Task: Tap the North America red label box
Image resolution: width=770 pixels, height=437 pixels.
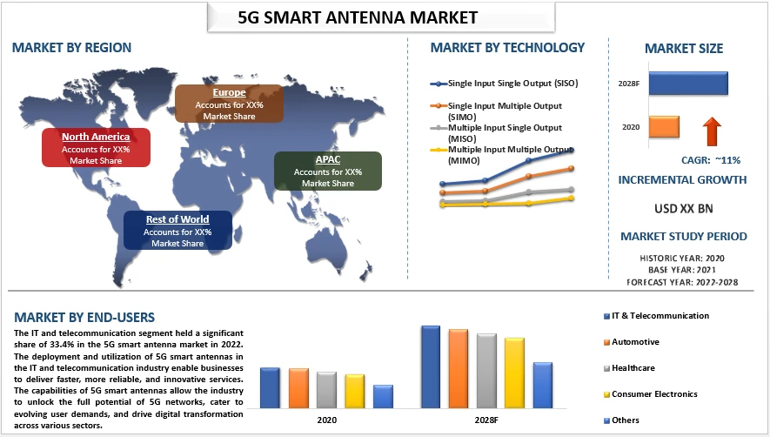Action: (x=96, y=148)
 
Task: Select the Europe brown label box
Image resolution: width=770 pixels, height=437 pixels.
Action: (x=229, y=104)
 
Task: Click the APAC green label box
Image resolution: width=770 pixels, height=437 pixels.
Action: (x=328, y=171)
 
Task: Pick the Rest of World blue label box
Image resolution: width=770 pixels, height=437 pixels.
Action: (x=177, y=231)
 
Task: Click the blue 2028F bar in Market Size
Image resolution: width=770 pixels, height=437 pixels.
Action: (x=687, y=84)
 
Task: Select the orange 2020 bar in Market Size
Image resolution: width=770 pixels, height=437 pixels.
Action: (x=664, y=127)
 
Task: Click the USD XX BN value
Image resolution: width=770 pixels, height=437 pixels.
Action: (x=682, y=209)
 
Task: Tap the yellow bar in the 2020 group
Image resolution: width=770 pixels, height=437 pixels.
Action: (x=354, y=391)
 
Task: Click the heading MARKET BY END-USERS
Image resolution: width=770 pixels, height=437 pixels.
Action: (x=84, y=317)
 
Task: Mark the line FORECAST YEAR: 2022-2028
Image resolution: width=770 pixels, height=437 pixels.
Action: (x=682, y=282)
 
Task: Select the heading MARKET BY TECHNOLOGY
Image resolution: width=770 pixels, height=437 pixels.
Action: (x=507, y=48)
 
